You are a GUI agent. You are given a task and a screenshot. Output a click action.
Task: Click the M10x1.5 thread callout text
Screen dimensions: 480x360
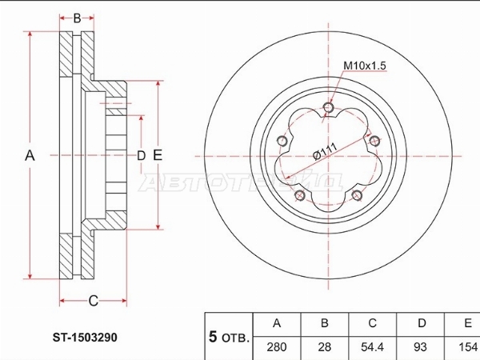pyautogui.click(x=365, y=66)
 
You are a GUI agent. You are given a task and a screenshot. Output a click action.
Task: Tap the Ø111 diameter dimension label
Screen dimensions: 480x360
pyautogui.click(x=326, y=151)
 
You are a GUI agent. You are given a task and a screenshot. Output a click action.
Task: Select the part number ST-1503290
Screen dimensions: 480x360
pyautogui.click(x=85, y=338)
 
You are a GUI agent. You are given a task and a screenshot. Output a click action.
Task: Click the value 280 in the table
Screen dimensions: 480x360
pyautogui.click(x=277, y=347)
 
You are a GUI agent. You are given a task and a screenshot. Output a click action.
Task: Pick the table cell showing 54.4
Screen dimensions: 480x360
pyautogui.click(x=372, y=347)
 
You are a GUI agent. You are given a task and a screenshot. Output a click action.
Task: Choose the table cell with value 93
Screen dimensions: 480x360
pyautogui.click(x=420, y=347)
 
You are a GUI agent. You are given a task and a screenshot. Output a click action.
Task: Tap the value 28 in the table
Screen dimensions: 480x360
pyautogui.click(x=325, y=347)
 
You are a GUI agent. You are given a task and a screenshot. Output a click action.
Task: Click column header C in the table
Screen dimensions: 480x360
pyautogui.click(x=372, y=323)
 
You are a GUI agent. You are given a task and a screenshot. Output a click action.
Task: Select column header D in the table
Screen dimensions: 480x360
pyautogui.click(x=422, y=323)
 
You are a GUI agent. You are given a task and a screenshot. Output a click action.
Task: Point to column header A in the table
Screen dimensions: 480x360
pyautogui.click(x=277, y=323)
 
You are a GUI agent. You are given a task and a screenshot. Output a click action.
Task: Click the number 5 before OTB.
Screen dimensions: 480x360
pyautogui.click(x=213, y=337)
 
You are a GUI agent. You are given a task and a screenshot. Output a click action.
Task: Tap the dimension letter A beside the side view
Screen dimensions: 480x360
pyautogui.click(x=30, y=155)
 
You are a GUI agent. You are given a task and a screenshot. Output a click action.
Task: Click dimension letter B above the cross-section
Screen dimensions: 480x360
pyautogui.click(x=77, y=18)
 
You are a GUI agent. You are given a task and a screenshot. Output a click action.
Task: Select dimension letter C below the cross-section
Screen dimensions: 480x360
pyautogui.click(x=93, y=301)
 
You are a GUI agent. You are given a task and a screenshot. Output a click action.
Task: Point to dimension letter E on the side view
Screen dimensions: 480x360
pyautogui.click(x=158, y=155)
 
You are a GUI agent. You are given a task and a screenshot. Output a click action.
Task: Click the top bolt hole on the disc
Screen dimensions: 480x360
pyautogui.click(x=329, y=107)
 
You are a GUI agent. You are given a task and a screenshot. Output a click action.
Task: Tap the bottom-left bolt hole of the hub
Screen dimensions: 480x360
pyautogui.click(x=299, y=196)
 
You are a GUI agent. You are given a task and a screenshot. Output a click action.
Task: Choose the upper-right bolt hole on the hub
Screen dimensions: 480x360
pyautogui.click(x=374, y=141)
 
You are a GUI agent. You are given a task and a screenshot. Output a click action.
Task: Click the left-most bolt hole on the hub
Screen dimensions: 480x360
pyautogui.click(x=282, y=141)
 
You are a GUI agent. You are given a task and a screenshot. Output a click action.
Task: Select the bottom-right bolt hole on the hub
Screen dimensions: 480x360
pyautogui.click(x=358, y=195)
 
